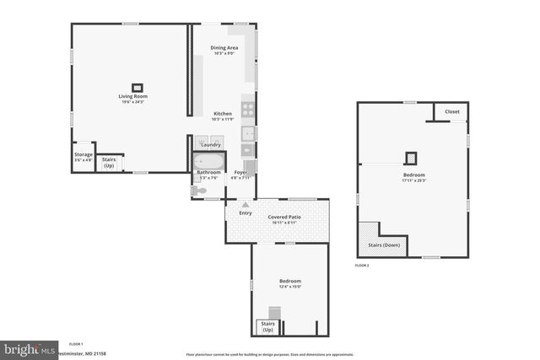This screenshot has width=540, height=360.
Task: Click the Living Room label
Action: click(132, 96)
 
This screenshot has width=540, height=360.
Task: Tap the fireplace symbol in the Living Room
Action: click(136, 85)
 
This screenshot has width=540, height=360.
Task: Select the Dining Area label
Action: click(224, 48)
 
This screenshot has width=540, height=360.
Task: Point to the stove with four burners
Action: click(248, 109)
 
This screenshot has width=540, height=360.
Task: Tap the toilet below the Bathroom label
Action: click(198, 191)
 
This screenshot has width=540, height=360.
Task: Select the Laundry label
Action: click(210, 145)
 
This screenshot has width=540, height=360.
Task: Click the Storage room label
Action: click(83, 155)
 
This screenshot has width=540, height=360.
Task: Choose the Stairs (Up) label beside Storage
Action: click(109, 161)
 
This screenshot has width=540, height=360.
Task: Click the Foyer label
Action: click(240, 173)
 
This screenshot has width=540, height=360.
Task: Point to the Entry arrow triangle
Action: click(246, 204)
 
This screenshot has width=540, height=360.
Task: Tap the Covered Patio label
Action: click(284, 217)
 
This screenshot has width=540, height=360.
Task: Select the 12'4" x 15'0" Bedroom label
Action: click(289, 282)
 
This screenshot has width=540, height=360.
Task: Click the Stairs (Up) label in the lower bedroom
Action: click(267, 325)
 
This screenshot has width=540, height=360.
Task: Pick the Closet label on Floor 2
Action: click(451, 111)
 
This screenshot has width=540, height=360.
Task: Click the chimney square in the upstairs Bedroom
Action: click(412, 157)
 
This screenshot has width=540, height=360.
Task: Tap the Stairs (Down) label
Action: click(384, 244)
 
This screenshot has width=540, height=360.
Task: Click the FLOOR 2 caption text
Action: click(362, 266)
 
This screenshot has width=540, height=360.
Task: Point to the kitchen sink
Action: click(248, 133)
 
